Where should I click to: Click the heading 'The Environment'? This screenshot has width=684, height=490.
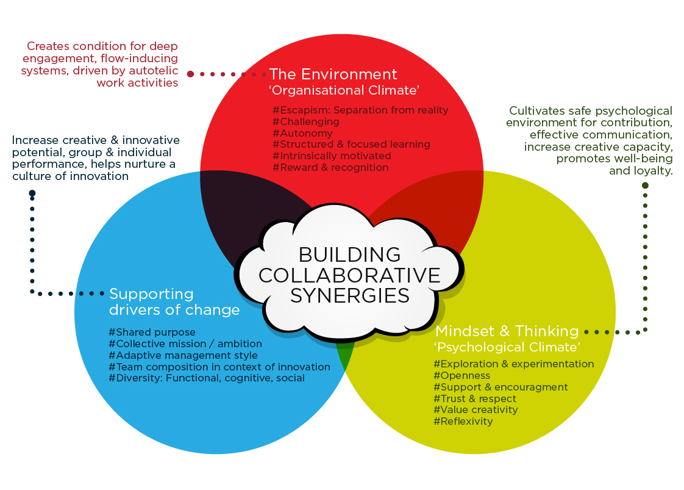tap(333, 74)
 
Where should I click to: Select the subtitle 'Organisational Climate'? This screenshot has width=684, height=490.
tap(344, 90)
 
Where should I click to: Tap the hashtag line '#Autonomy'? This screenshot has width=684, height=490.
tap(302, 133)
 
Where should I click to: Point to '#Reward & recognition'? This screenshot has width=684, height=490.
tap(330, 167)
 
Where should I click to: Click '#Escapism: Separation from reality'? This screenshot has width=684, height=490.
tap(360, 110)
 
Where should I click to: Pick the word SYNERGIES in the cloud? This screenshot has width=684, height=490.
tap(350, 296)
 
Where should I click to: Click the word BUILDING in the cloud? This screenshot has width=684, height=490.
tap(349, 254)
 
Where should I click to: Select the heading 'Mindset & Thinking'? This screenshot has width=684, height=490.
tap(507, 331)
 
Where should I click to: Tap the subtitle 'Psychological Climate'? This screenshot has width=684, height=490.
tap(507, 347)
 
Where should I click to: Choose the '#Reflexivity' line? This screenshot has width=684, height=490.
tap(463, 422)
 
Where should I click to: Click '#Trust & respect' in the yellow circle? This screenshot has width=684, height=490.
tap(475, 398)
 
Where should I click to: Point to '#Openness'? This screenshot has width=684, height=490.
tap(461, 375)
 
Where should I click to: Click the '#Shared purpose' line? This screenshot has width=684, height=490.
tap(152, 333)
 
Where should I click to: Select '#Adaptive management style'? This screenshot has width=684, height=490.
tap(183, 356)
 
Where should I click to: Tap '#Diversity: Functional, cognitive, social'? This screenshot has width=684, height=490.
tap(206, 378)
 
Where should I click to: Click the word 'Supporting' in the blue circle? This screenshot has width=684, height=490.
tap(151, 295)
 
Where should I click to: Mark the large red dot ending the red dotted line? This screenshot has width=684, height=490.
tap(190, 74)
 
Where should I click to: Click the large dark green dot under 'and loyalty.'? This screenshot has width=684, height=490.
tap(645, 186)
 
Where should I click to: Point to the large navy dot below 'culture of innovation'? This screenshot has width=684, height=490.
tap(32, 193)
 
